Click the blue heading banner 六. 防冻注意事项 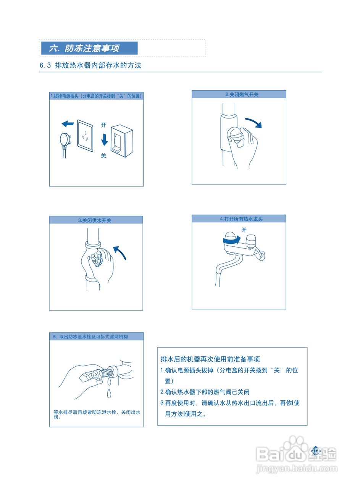[89, 48]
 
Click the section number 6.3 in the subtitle [45, 65]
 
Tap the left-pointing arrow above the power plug [68, 124]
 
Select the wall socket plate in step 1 [85, 136]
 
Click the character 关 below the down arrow [103, 156]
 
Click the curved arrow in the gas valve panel [253, 123]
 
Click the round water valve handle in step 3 [97, 261]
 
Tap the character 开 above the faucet [244, 230]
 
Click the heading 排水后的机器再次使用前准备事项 [210, 359]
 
